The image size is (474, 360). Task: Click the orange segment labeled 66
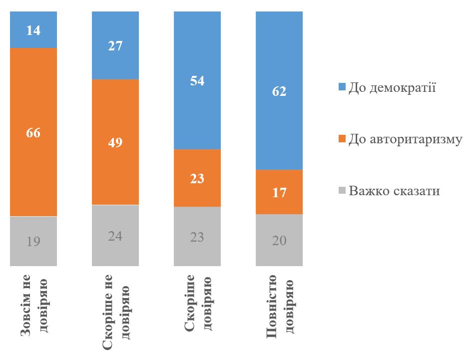click(x=33, y=132)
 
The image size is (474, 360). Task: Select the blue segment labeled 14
click(x=33, y=29)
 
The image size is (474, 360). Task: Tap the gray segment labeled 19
click(x=33, y=241)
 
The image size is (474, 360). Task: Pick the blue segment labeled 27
click(x=115, y=45)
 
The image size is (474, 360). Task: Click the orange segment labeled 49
click(x=115, y=142)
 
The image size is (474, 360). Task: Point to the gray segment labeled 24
click(x=115, y=236)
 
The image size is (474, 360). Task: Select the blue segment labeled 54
click(x=197, y=80)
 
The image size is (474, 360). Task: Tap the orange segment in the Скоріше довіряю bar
click(x=197, y=178)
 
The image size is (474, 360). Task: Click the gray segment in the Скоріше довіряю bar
click(x=197, y=236)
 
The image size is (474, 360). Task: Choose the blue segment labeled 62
click(x=279, y=91)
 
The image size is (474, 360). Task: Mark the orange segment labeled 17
click(x=279, y=192)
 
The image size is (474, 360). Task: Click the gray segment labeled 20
click(x=279, y=240)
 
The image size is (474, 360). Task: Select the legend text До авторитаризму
click(x=405, y=139)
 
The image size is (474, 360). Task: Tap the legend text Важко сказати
click(x=395, y=191)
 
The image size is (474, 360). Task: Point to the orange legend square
click(x=342, y=140)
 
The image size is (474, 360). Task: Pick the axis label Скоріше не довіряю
click(x=115, y=311)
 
